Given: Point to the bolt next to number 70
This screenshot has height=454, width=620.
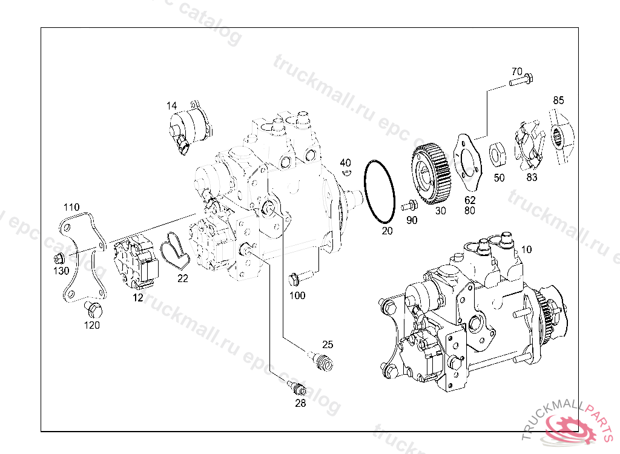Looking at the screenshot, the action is click(x=521, y=79).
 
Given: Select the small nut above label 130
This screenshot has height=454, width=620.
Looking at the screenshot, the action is click(x=59, y=258).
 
